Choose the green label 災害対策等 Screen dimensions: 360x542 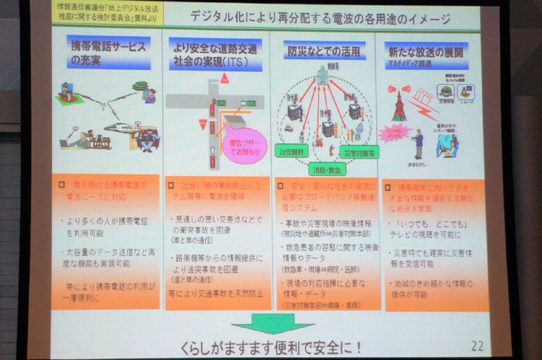360,153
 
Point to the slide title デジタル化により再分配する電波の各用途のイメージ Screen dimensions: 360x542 320,19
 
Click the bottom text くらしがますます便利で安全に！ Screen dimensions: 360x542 272,346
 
